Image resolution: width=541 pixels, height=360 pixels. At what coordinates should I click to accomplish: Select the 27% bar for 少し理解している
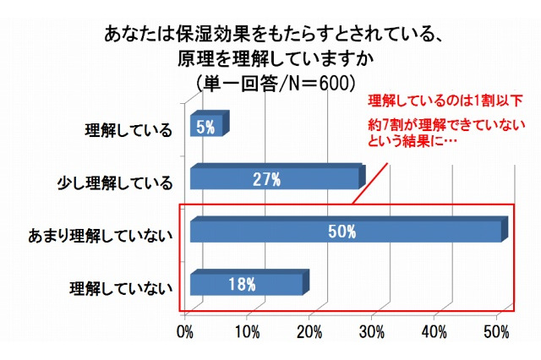pyautogui.click(x=274, y=179)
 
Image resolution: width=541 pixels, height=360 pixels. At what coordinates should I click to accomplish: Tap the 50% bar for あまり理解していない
pyautogui.click(x=347, y=231)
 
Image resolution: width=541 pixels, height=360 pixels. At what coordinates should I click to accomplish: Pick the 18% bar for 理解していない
pyautogui.click(x=246, y=283)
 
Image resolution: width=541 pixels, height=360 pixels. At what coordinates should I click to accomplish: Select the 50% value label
pyautogui.click(x=342, y=231)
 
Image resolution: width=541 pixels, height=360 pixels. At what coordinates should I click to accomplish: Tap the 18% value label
pyautogui.click(x=241, y=283)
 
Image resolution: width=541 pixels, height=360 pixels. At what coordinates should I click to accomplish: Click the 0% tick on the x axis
pyautogui.click(x=186, y=331)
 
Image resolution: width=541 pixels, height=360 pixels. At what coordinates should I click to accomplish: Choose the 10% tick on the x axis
pyautogui.click(x=248, y=331)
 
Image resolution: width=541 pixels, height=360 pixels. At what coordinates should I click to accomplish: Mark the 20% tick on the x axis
pyautogui.click(x=310, y=331)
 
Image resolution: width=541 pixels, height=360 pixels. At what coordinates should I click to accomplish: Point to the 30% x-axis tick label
pyautogui.click(x=373, y=331)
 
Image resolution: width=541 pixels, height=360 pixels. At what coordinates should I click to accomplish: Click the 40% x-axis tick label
pyautogui.click(x=434, y=331)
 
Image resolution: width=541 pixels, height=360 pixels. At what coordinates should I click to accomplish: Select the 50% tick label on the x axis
pyautogui.click(x=496, y=331)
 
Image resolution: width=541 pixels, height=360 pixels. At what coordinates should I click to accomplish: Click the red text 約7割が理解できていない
pyautogui.click(x=440, y=125)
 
